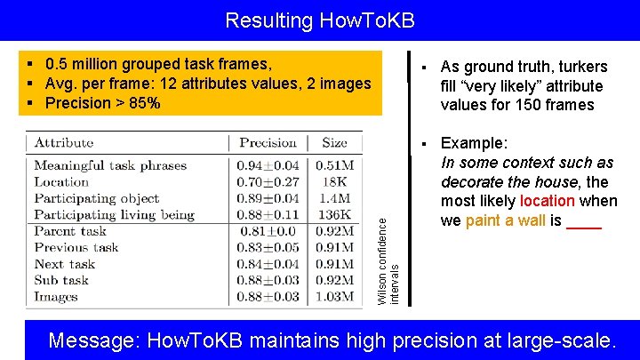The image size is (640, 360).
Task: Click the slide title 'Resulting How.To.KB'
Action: [x=319, y=20]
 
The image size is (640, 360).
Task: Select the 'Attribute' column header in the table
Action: [x=64, y=142]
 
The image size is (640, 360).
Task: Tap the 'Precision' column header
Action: [x=268, y=142]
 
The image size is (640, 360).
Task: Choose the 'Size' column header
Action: [x=334, y=142]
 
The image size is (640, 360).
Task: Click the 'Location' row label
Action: [x=61, y=181]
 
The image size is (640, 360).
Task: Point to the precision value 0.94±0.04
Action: [x=268, y=165]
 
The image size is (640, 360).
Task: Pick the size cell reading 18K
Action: [x=334, y=181]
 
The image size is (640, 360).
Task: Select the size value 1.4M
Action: [x=334, y=197]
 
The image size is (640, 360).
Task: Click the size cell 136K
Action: [x=334, y=214]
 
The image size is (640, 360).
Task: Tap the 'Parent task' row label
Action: [x=70, y=231]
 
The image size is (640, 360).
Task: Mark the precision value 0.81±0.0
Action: [x=263, y=231]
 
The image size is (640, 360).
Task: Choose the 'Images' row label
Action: [x=56, y=297]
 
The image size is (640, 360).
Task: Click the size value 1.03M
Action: [x=334, y=297]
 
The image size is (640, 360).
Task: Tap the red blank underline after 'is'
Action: [x=584, y=222]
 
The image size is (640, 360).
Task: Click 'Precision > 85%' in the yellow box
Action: [x=102, y=103]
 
